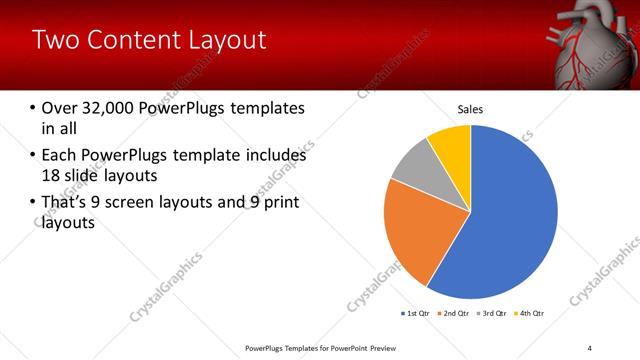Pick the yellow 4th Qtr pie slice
coord(453,143)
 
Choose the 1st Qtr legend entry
coord(416,314)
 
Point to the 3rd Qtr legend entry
coord(491,314)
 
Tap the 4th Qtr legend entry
coord(529,314)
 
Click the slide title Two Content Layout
coord(149,40)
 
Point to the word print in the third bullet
coord(281,203)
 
